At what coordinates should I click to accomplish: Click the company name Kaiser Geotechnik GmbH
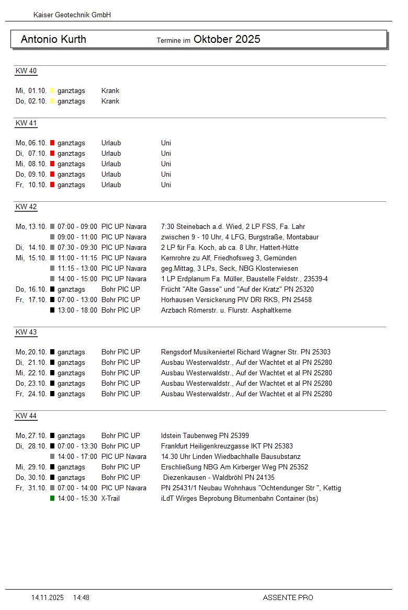(x=72, y=15)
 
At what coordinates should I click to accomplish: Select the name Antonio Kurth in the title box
(x=53, y=39)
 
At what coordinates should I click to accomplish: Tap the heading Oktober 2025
(x=226, y=39)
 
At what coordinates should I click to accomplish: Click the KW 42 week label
(x=26, y=206)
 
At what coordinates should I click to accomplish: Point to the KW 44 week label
(x=26, y=416)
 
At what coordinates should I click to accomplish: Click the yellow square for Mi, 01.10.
(x=52, y=91)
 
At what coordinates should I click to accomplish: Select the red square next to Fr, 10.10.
(x=52, y=185)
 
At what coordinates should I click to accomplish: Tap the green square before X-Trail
(x=52, y=499)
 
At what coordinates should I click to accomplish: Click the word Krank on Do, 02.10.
(x=110, y=101)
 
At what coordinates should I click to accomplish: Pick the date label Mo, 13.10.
(x=31, y=227)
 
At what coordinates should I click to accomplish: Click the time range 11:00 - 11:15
(x=77, y=258)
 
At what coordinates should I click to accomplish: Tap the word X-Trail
(x=110, y=499)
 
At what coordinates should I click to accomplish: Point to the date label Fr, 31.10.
(x=31, y=488)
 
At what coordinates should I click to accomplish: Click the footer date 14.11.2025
(x=48, y=597)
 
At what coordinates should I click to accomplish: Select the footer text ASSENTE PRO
(x=288, y=597)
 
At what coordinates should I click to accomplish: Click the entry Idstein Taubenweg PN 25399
(x=205, y=436)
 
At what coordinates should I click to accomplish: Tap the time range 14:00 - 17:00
(x=77, y=457)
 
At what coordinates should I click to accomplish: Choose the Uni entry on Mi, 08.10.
(x=166, y=164)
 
